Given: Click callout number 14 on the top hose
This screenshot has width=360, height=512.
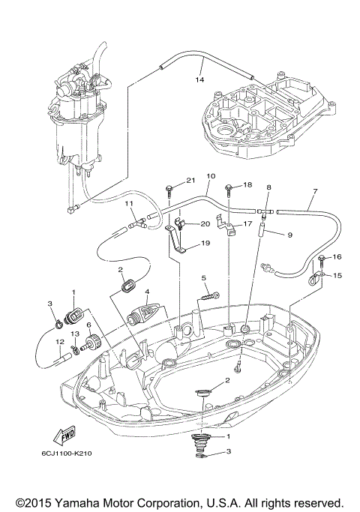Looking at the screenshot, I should (199, 79).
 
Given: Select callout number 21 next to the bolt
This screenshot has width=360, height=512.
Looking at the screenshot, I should (190, 181).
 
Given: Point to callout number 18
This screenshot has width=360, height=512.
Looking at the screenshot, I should (247, 184).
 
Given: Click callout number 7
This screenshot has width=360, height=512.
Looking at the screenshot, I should (315, 192).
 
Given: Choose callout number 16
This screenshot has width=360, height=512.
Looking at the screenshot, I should (337, 256).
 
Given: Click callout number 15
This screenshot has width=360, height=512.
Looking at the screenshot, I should (337, 276).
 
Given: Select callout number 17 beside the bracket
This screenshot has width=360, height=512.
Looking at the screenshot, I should (247, 223).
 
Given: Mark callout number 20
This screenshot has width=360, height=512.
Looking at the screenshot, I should (204, 224).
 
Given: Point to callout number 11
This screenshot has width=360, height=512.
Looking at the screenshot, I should (129, 202).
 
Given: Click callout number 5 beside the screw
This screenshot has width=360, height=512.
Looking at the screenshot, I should (203, 278).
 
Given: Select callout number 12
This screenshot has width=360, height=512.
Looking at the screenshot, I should (58, 343).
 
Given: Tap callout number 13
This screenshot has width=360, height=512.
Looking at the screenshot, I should (74, 333).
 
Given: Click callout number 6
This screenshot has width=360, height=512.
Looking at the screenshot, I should (88, 325).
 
